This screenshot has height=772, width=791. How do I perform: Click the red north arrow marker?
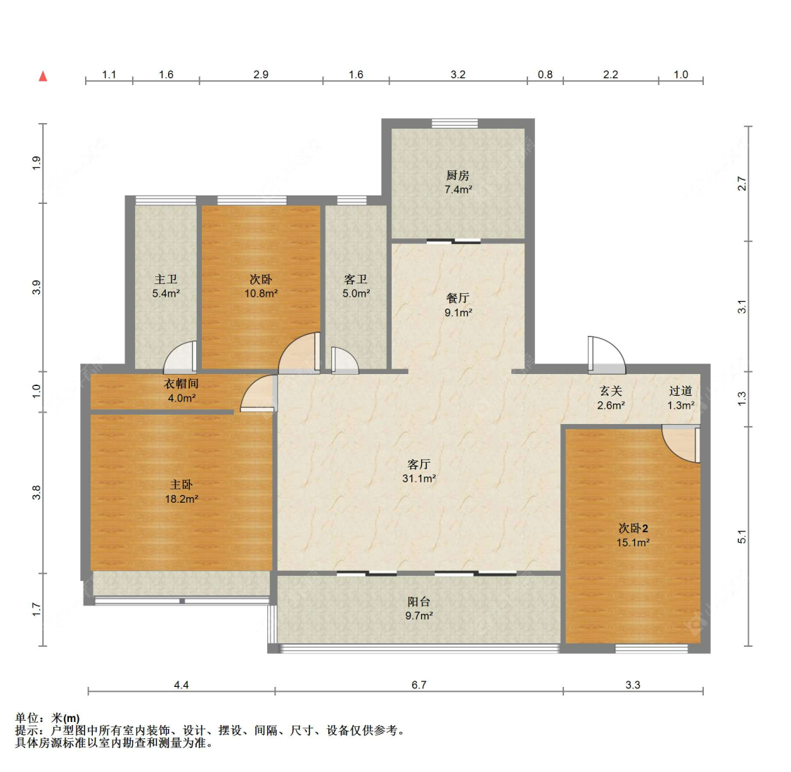pos(43,76)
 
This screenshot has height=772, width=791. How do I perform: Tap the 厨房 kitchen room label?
pos(457,182)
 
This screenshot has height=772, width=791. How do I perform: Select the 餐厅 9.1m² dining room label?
pos(458,305)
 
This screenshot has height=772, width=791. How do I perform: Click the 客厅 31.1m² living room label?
pos(418,471)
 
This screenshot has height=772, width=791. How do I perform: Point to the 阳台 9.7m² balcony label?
pos(418,608)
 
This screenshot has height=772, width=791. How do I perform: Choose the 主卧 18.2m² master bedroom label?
pos(181,491)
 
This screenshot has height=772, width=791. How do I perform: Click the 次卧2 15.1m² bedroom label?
pos(633,535)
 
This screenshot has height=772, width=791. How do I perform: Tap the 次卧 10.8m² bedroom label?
pos(261,286)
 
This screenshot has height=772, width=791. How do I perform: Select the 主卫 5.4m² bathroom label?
pos(166,286)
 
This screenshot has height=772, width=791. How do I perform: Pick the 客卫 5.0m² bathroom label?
pos(356,286)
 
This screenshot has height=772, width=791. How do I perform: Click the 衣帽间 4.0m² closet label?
pos(181,390)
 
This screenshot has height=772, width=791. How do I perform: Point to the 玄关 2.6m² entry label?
pos(610,398)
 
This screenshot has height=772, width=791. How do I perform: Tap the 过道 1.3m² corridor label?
pos(681,398)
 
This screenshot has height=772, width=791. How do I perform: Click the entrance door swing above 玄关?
pos(606,355)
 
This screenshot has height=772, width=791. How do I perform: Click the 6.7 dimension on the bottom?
pos(419,684)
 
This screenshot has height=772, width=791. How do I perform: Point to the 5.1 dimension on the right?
pos(742,536)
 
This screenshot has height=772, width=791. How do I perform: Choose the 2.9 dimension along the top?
pos(261,75)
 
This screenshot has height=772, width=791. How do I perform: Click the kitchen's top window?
pos(455,124)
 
